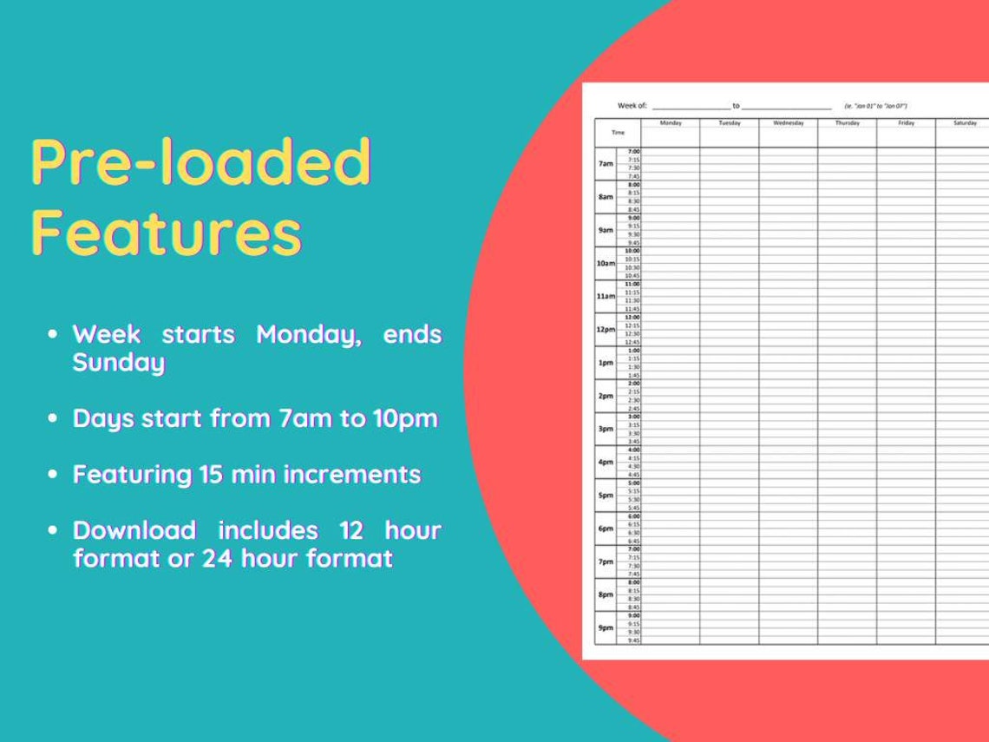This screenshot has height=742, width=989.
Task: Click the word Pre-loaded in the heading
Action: (201, 163)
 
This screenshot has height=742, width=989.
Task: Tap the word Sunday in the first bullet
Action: (119, 363)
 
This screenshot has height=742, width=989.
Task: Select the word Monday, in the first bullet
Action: (309, 334)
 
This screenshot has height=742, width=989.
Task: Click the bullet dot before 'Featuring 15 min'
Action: (54, 476)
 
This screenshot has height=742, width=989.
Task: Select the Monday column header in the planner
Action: (671, 123)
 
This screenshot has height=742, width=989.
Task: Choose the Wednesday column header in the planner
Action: (789, 123)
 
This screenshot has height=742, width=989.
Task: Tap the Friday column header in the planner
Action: (906, 123)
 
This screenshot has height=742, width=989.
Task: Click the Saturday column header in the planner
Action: (965, 123)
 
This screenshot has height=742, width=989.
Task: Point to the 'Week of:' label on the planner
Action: (632, 105)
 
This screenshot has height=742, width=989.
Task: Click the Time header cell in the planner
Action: (618, 133)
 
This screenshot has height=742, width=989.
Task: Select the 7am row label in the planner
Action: (606, 164)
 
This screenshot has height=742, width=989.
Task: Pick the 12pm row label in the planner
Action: (606, 330)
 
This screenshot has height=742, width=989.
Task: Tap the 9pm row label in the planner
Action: (606, 627)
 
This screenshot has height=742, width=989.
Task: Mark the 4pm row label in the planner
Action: (606, 463)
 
